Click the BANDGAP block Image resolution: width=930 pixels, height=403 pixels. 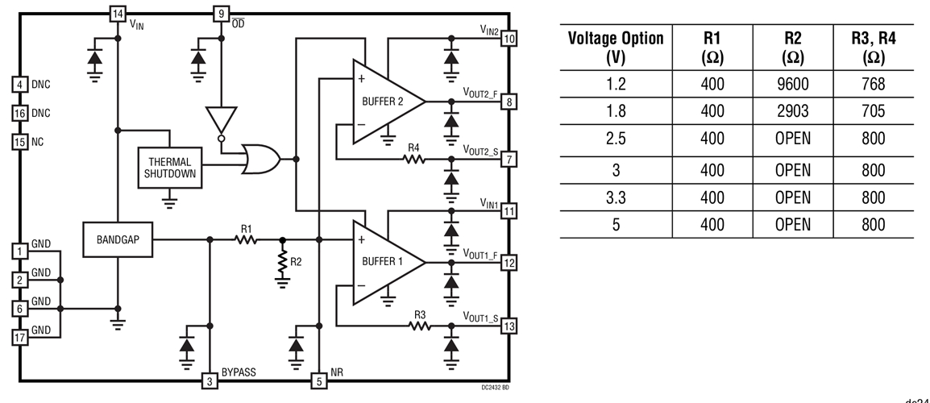tap(117, 239)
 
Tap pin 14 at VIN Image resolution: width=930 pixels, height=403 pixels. tap(118, 14)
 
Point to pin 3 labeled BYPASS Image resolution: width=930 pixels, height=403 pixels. tap(210, 380)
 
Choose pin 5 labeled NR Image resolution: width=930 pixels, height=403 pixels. tap(320, 380)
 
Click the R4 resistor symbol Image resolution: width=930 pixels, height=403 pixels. tap(414, 159)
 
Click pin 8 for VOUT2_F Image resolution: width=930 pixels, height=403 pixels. tap(509, 102)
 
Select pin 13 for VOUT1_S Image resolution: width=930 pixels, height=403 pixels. tap(509, 326)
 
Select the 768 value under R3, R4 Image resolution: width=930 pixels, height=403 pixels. tap(872, 84)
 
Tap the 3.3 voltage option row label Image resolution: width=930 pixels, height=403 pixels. tap(616, 197)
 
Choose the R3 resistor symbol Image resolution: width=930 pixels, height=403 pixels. tap(419, 326)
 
